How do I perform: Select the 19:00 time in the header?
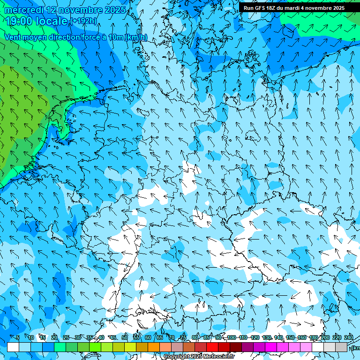[x=19, y=21]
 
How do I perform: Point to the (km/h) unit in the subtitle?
[x=136, y=37]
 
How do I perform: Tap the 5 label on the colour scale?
[x=17, y=337]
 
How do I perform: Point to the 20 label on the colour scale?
[x=54, y=337]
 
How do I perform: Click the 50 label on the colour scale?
[x=125, y=337]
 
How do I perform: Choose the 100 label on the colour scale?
[x=232, y=337]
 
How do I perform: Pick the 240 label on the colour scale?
[x=349, y=337]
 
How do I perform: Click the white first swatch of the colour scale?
[x=13, y=347]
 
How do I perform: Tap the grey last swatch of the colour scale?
[x=341, y=347]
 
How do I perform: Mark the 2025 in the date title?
[x=114, y=10]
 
